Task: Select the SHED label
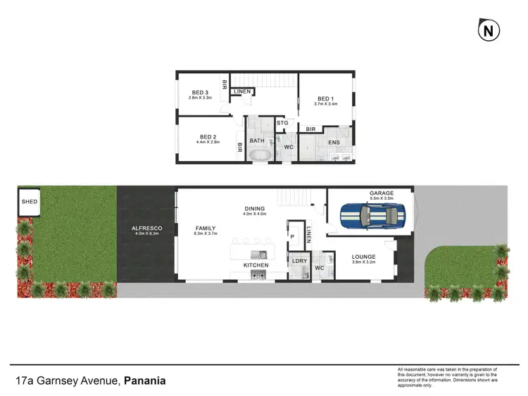[x=30, y=201]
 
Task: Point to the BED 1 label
[x=325, y=98]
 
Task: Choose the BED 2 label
[x=207, y=136]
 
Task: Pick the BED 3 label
[x=199, y=92]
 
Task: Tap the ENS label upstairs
[x=334, y=142]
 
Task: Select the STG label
[x=283, y=123]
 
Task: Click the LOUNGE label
[x=364, y=257]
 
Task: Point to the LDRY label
[x=298, y=262]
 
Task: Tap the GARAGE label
[x=381, y=193]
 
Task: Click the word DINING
[x=254, y=208]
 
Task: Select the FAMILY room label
[x=206, y=228]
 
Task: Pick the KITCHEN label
[x=256, y=265]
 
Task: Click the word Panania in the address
[x=146, y=381]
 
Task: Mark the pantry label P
[x=291, y=237]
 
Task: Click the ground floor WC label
[x=319, y=267]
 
